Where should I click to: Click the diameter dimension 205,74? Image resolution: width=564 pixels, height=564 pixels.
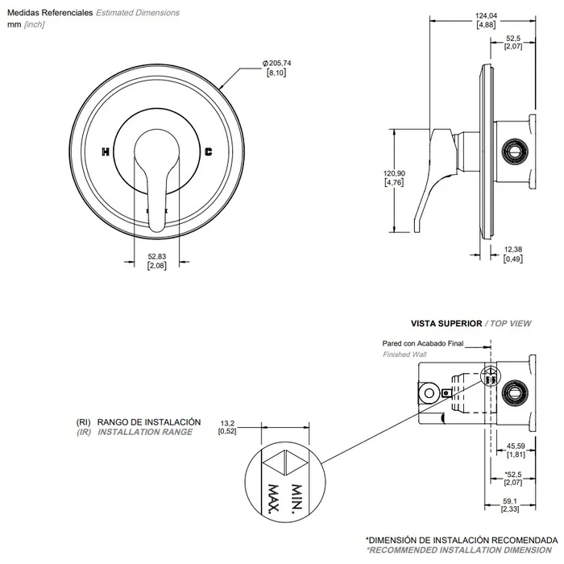(276, 63)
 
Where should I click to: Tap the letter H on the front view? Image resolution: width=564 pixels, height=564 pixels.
(106, 151)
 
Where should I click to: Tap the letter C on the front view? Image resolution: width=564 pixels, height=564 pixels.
(209, 151)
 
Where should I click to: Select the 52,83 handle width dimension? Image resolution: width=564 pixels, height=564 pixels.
(156, 257)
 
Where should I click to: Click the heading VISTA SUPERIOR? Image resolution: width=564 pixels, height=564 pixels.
(446, 322)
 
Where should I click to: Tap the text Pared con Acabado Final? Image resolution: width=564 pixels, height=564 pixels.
(423, 342)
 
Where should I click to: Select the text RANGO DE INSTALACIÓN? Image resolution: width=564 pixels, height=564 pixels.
(148, 422)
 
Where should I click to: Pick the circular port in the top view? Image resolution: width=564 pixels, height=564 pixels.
(512, 393)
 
